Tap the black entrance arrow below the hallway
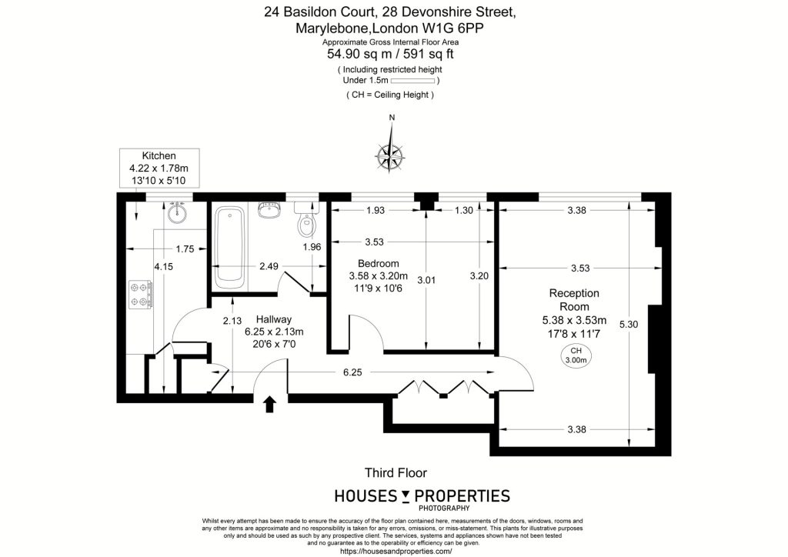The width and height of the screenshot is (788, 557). (x=270, y=404)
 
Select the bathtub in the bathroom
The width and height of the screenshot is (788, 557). (x=229, y=248)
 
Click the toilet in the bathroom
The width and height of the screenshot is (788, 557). (x=306, y=219)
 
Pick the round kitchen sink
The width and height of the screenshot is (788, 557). (x=176, y=212)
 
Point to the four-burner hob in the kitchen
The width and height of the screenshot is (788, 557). (x=142, y=295)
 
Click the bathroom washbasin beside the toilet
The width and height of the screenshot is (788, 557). (x=270, y=209)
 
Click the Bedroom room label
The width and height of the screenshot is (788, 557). (x=379, y=263)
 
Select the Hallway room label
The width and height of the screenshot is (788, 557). (x=274, y=319)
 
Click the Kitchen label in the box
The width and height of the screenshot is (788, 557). (x=159, y=155)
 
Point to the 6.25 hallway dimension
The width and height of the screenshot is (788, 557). (x=352, y=372)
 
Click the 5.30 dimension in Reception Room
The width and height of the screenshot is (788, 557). (x=629, y=325)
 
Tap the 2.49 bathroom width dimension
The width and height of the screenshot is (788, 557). (x=269, y=266)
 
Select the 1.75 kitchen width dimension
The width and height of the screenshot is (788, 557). (x=185, y=248)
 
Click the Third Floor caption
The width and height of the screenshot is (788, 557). (x=396, y=472)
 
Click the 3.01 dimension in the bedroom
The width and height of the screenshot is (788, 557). (x=426, y=280)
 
